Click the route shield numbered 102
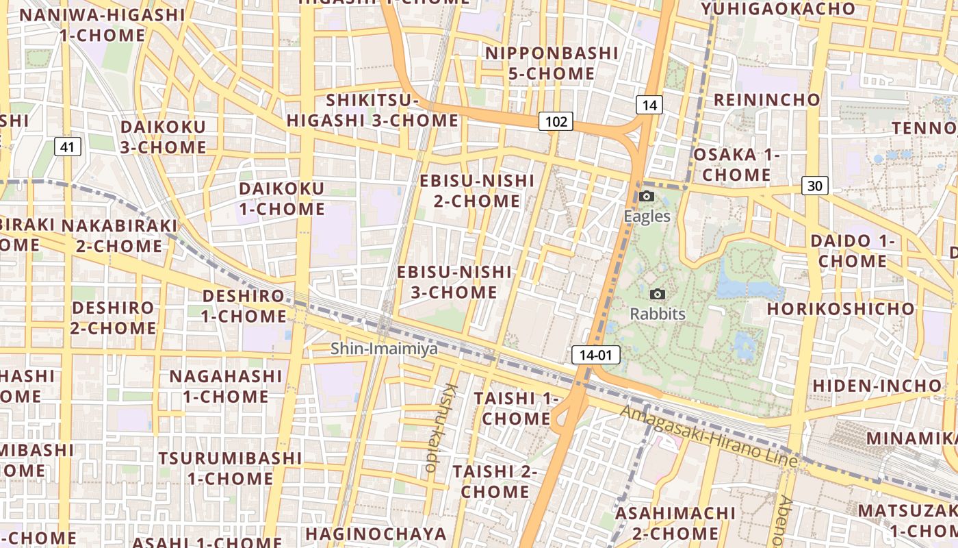[x=556, y=121]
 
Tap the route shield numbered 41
[x=67, y=146]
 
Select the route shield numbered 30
[x=814, y=185]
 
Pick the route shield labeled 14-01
[x=595, y=355]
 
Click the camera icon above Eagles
[x=647, y=197]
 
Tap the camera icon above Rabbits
[x=658, y=295]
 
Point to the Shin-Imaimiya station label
[x=384, y=349]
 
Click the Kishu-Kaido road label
[x=441, y=427]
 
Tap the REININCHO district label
[x=766, y=100]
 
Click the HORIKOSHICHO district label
[x=840, y=309]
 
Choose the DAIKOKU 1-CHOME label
[x=281, y=199]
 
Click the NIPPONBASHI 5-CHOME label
[x=551, y=63]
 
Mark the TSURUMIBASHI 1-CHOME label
[x=230, y=468]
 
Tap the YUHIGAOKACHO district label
[x=778, y=9]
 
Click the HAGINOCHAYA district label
[x=376, y=534]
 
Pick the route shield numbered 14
[x=649, y=105]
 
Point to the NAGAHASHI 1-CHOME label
[x=225, y=386]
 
